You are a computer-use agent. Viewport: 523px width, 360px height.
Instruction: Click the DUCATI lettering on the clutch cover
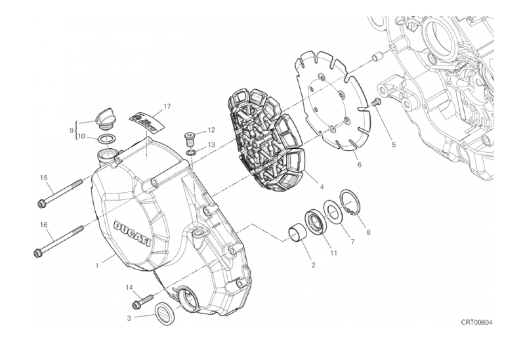click(133, 233)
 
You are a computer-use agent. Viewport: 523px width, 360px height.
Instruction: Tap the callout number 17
click(167, 106)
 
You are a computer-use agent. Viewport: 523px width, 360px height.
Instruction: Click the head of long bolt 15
click(42, 203)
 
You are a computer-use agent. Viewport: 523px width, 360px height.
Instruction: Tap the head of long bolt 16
click(37, 253)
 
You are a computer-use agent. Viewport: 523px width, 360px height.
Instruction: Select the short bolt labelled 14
click(142, 301)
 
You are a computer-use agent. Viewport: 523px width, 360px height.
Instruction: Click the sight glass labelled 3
click(165, 313)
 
